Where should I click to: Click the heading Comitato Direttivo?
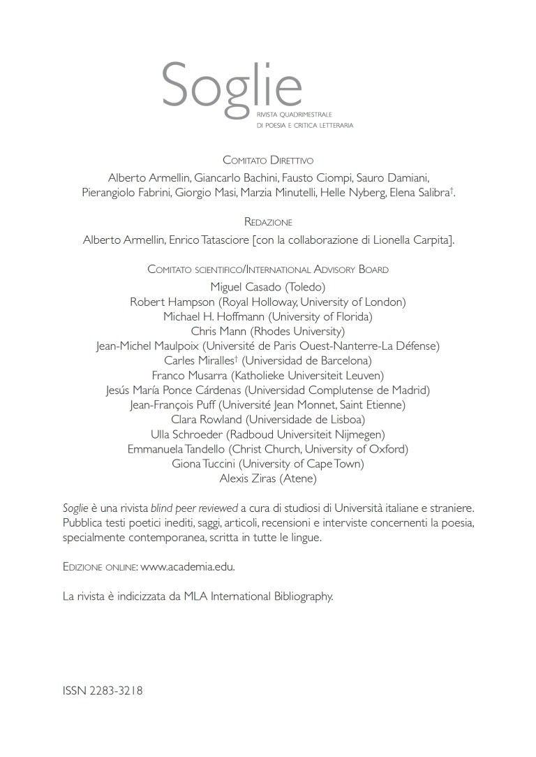click(x=268, y=160)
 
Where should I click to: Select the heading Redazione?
click(x=268, y=221)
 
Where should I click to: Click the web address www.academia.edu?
click(x=188, y=567)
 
